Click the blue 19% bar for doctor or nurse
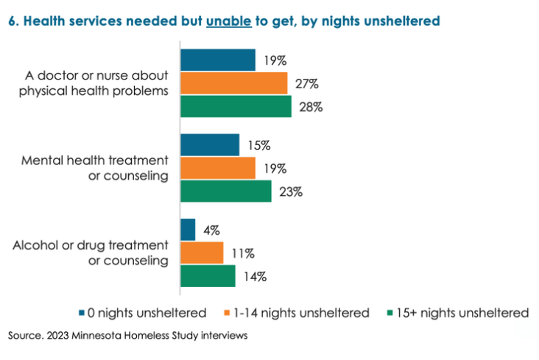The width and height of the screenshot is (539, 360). pos(218,60)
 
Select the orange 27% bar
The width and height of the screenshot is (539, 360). pos(234,83)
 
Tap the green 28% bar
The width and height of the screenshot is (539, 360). pos(236,106)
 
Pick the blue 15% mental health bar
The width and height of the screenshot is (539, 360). pos(210,145)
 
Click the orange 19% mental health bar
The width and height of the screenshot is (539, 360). pos(218,168)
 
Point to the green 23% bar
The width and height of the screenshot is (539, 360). pos(226,191)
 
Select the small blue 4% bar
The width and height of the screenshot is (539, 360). pos(188,230)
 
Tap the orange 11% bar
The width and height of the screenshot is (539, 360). pos(202,253)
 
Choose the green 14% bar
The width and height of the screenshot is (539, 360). pos(208,276)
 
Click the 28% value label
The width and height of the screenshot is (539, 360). pos(311,107)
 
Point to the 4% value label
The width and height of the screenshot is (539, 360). pos(211,230)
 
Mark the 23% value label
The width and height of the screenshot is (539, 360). pos(291,192)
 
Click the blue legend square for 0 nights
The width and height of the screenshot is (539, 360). pos(82,313)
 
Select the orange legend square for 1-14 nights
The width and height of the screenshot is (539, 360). pos(227,313)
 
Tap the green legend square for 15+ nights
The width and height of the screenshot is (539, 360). pos(390,313)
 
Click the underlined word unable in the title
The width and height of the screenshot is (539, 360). pos(229,21)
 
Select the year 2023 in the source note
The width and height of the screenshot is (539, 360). pos(57,335)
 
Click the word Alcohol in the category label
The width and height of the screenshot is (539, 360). pos(36,245)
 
